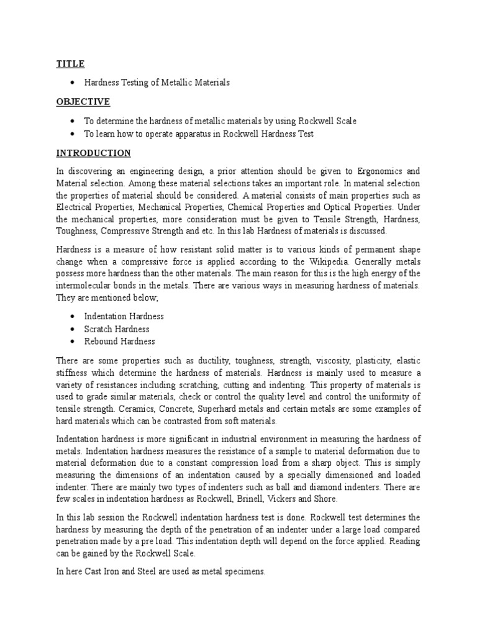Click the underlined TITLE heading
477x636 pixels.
(x=70, y=64)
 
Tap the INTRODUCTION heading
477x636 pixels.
(x=93, y=153)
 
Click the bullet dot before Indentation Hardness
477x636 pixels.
(x=73, y=317)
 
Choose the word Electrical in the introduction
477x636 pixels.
(x=76, y=207)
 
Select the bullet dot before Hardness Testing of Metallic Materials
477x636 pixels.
(x=73, y=82)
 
